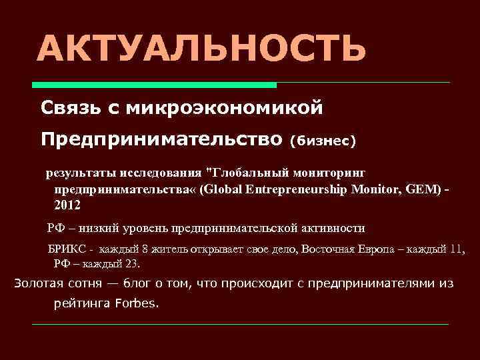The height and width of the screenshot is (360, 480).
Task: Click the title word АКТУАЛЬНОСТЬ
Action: pos(201,49)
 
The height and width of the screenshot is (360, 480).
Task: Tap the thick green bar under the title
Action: pos(155,85)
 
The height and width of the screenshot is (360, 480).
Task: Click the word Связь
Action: pos(69,107)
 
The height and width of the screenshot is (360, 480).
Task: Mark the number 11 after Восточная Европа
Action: pos(455,250)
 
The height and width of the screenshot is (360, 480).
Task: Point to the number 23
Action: pos(132,264)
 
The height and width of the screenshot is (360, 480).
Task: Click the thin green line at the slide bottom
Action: pos(241,325)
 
